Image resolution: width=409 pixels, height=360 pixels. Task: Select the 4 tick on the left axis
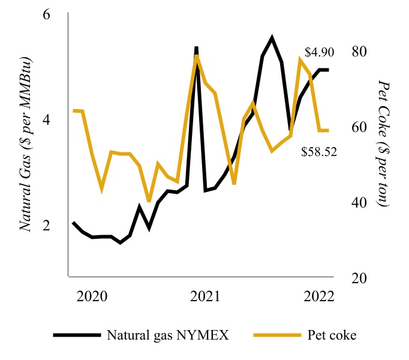point(46,119)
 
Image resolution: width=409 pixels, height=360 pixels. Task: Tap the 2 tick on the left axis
point(46,226)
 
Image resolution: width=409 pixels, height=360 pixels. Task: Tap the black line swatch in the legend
point(77,335)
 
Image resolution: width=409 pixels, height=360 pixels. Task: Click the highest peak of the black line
point(272,38)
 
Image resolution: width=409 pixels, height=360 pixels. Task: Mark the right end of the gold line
point(328,130)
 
